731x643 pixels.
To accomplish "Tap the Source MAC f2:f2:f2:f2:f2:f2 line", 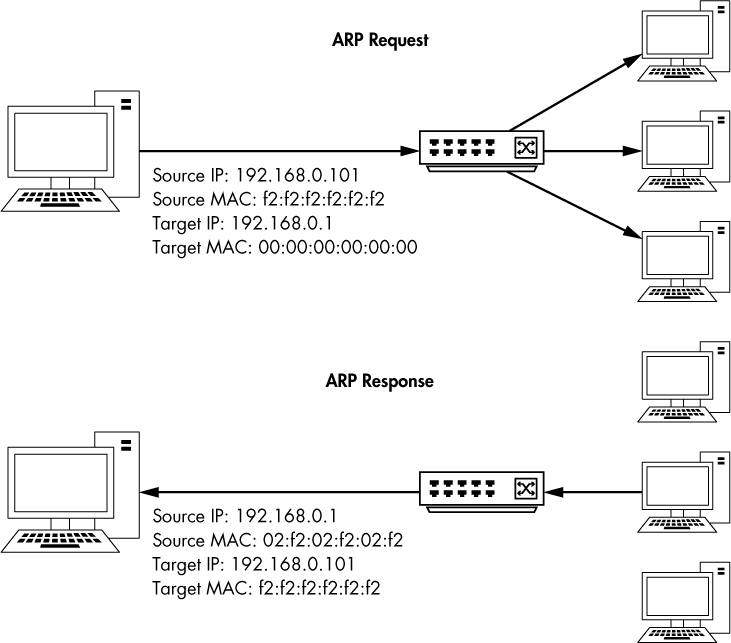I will pyautogui.click(x=268, y=197).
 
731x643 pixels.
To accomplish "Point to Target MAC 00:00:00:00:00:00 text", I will pyautogui.click(x=284, y=246).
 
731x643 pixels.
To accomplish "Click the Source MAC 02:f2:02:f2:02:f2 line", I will pyautogui.click(x=277, y=539).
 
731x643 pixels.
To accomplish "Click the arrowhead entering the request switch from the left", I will pyautogui.click(x=410, y=152).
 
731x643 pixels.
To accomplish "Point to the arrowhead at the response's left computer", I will pyautogui.click(x=149, y=491).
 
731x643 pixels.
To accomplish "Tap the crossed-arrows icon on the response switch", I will pyautogui.click(x=524, y=489).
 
